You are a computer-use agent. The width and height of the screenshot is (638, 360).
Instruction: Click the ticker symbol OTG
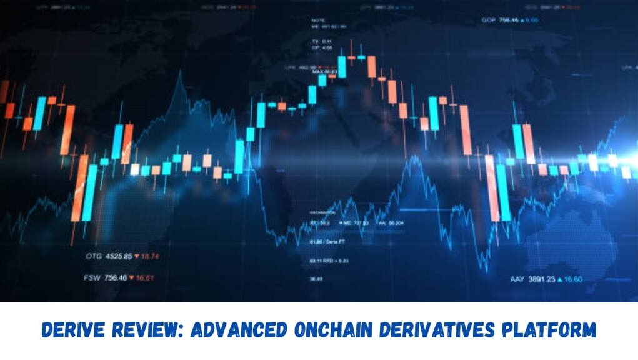click(94, 256)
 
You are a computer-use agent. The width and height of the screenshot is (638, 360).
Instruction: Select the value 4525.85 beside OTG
click(119, 256)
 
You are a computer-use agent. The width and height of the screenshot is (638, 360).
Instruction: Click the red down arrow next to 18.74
click(136, 256)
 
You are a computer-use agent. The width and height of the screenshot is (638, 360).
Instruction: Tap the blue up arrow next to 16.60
click(561, 279)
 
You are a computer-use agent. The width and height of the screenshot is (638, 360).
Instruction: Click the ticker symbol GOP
click(489, 20)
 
